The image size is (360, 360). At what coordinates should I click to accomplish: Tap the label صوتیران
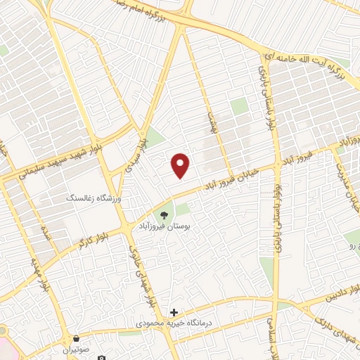[76, 349]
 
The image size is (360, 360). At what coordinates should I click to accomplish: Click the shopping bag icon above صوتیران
[75, 337]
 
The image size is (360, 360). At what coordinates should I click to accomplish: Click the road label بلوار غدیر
[278, 204]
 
